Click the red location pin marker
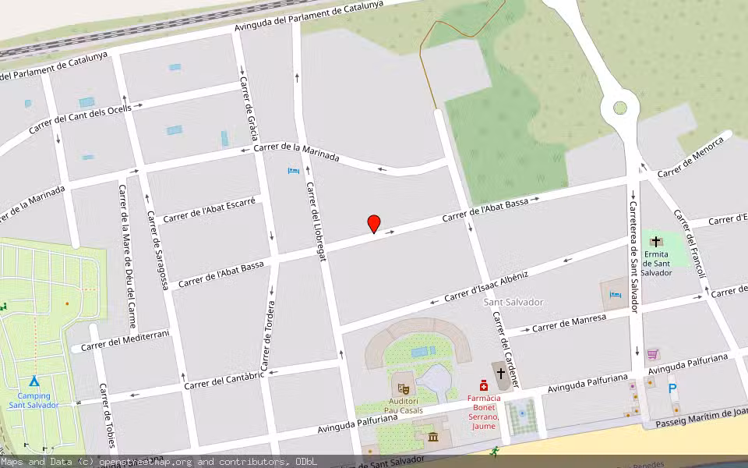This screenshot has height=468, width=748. [374, 224]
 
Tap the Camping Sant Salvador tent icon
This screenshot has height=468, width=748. [34, 381]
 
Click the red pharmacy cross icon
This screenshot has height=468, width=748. [483, 385]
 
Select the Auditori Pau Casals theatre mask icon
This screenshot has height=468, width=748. [404, 387]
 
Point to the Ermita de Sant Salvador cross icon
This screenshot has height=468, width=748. [656, 242]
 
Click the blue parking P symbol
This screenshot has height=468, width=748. [672, 388]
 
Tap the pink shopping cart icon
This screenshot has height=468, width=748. [652, 353]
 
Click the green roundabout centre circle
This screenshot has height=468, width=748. [620, 108]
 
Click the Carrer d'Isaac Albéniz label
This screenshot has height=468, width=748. [486, 287]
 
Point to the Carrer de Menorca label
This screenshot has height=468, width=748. [690, 157]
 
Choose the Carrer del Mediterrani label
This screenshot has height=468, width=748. [125, 340]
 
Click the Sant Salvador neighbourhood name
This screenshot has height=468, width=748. [513, 302]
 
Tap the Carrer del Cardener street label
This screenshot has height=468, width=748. [506, 350]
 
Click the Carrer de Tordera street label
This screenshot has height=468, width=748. [268, 335]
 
